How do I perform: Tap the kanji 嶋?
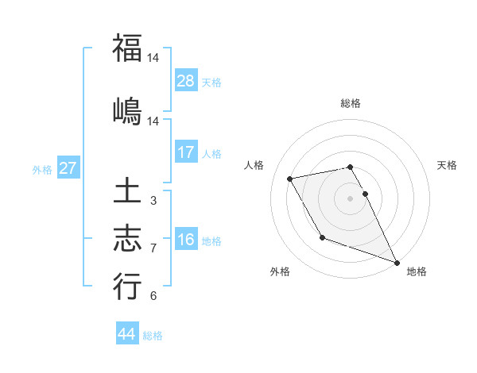pos(127,111)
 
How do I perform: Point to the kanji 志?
pos(127,239)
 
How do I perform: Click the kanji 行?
pos(127,286)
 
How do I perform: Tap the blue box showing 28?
pos(186,80)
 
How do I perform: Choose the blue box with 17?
pos(186,152)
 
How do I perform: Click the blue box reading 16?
pos(186,239)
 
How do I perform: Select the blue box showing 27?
pos(68,167)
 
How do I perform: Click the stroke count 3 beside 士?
pos(153,201)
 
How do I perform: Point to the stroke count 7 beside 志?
pos(153,248)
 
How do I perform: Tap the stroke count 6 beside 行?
pos(153,296)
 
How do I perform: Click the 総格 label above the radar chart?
pos(350,103)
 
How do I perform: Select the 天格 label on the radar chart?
pos(448,165)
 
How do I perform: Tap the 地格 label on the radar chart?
pos(417,271)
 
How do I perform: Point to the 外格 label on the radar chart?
pos(280,271)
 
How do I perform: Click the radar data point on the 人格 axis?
pos(290,178)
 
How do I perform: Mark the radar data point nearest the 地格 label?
pos(397,262)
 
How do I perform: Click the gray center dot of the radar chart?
pos(350,198)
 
